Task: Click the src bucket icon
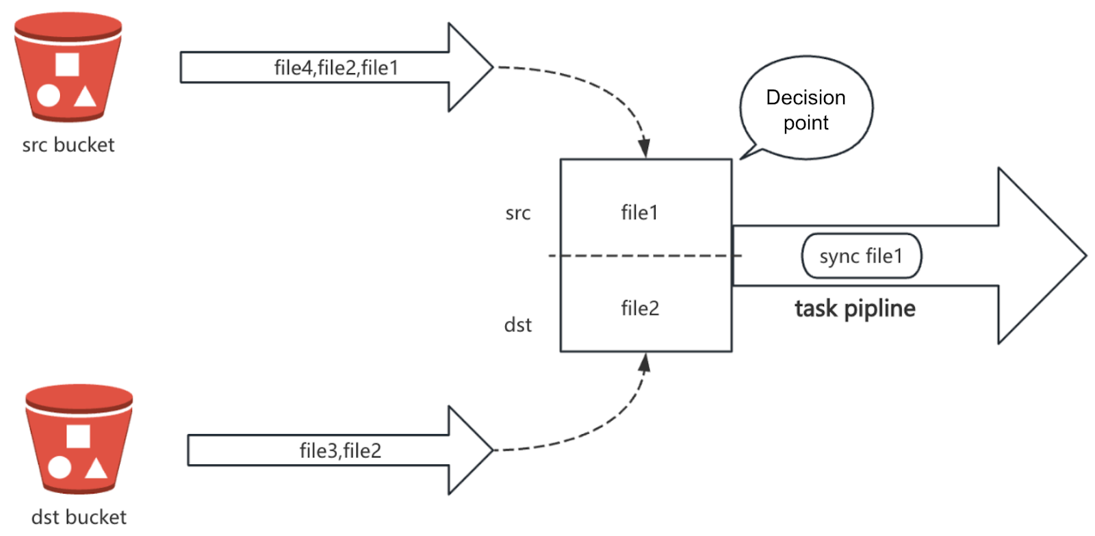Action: [x=68, y=68]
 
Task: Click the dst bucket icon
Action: [x=79, y=439]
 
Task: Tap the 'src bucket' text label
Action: [x=68, y=145]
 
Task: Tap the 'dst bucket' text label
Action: [x=79, y=517]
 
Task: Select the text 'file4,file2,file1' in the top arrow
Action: [x=336, y=68]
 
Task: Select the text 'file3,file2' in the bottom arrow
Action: [x=340, y=450]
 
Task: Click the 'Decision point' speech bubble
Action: [x=806, y=110]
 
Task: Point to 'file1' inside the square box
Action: [x=639, y=213]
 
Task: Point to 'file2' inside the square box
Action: [x=640, y=309]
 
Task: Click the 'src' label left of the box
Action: [x=517, y=214]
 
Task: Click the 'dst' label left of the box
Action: [x=517, y=325]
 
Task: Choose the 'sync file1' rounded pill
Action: [x=861, y=256]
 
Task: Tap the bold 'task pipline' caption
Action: [x=855, y=309]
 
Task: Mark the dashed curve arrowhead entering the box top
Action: [x=644, y=148]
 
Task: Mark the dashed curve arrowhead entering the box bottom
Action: [x=644, y=363]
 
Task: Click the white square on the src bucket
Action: [x=67, y=64]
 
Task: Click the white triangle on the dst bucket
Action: [x=96, y=469]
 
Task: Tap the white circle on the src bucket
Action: [x=48, y=97]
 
